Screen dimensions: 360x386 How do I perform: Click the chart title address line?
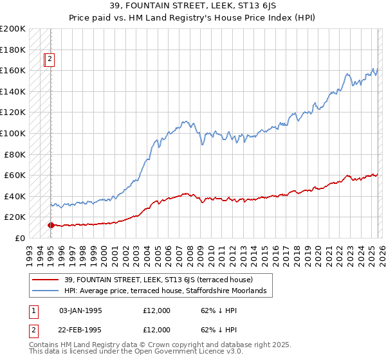coord(193,7)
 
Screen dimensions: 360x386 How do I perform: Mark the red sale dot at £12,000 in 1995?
coord(51,225)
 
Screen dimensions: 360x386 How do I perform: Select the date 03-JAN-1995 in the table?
coord(80,310)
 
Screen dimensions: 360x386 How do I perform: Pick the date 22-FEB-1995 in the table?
coord(80,330)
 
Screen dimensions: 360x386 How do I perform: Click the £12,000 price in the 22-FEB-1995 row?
coord(157,330)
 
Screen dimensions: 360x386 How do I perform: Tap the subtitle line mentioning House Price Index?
coord(193,19)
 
